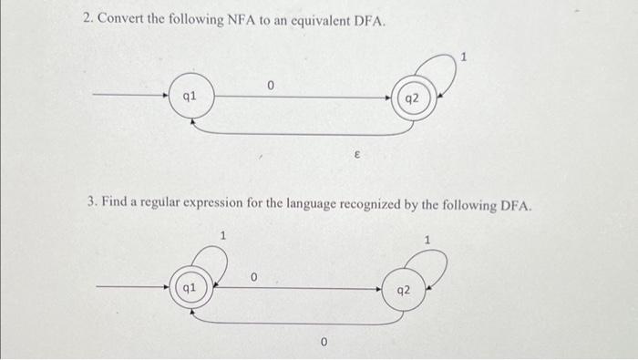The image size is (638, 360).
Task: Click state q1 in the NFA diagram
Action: click(190, 95)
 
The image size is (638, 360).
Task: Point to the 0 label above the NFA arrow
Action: click(271, 84)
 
